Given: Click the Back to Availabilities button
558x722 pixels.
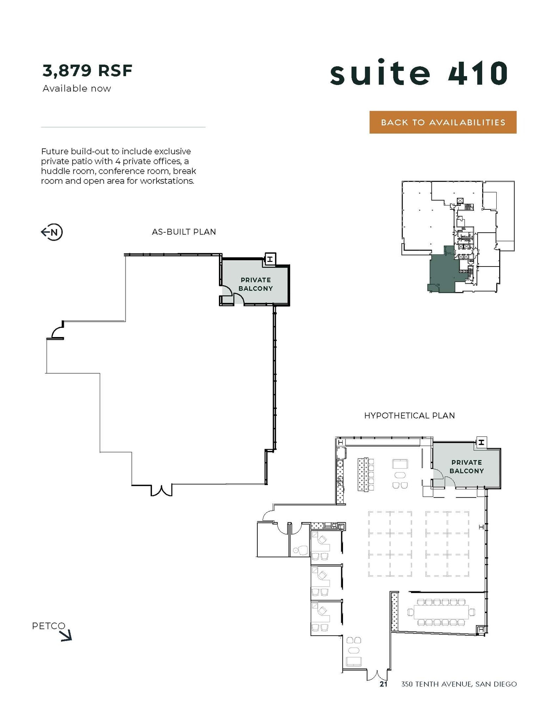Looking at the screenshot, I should click(x=442, y=122).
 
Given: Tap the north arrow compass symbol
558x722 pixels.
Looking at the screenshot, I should click(x=52, y=232).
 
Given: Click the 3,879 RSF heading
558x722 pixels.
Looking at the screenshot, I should click(x=87, y=70).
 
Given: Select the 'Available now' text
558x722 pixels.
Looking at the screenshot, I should click(x=76, y=88).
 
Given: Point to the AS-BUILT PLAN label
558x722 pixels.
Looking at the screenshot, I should click(x=184, y=232).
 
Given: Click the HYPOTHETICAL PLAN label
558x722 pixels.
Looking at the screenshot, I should click(x=409, y=416).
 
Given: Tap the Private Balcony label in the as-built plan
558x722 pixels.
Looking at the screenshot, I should click(x=256, y=284).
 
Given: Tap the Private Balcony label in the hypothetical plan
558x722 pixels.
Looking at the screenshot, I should click(x=466, y=466).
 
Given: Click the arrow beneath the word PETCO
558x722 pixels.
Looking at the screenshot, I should click(x=66, y=636).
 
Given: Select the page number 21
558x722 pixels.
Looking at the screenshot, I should click(x=383, y=684).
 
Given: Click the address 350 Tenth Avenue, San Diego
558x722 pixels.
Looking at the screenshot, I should click(x=459, y=684).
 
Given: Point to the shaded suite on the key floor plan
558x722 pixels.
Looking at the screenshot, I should click(x=442, y=271).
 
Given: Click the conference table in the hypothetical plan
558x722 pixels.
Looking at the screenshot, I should click(x=441, y=612).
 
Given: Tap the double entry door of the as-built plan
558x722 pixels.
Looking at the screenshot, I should click(x=161, y=490).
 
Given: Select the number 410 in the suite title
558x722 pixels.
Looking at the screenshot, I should click(x=478, y=73).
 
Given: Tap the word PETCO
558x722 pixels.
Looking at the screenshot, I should click(x=49, y=626).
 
